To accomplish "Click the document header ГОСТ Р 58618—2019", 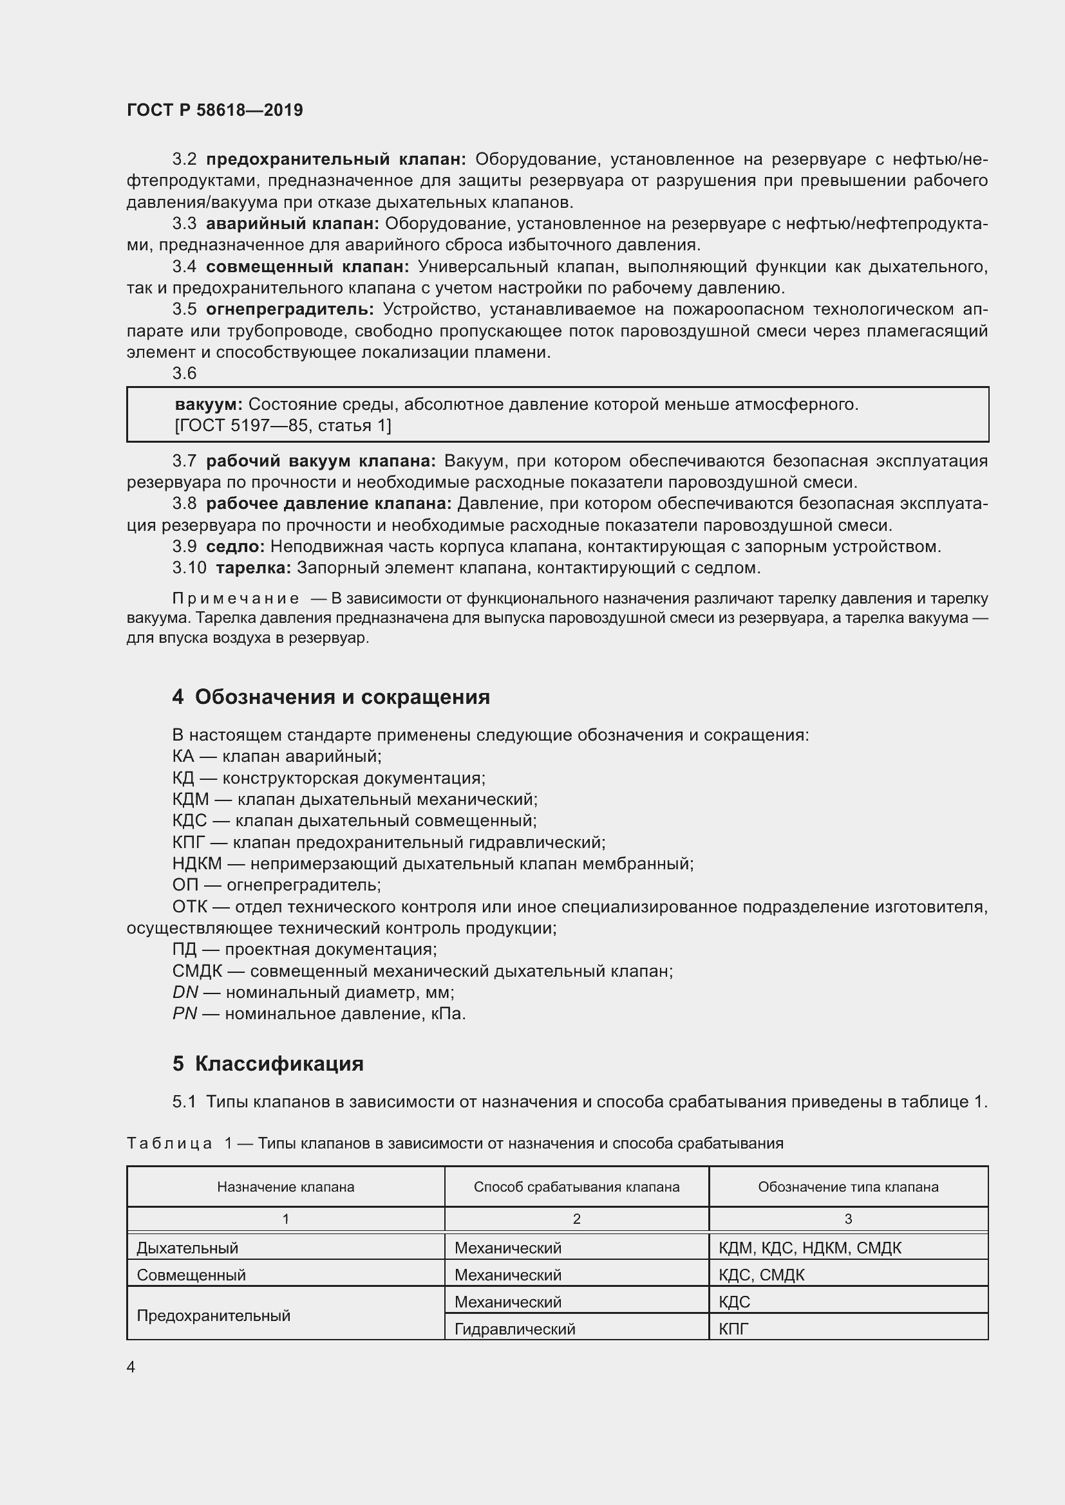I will [x=214, y=110].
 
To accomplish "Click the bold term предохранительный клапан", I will [x=335, y=160].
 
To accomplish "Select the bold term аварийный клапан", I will [x=292, y=223].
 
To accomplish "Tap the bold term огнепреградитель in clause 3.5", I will [x=290, y=309].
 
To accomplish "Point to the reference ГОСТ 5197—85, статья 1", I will [x=283, y=425].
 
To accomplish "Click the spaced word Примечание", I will [x=236, y=598].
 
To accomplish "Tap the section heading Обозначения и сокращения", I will [x=342, y=696].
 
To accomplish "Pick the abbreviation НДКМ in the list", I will [x=197, y=863].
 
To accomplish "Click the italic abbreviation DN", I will [x=185, y=992].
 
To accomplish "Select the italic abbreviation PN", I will [x=184, y=1013].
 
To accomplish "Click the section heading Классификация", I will [x=279, y=1063].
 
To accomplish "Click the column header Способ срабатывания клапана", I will [x=576, y=1186].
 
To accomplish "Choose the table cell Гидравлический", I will [x=515, y=1329].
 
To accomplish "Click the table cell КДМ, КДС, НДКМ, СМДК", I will [x=810, y=1248].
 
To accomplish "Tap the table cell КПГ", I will [x=733, y=1329].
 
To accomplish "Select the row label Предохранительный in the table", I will [x=213, y=1316].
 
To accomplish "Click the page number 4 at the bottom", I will [x=131, y=1367].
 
